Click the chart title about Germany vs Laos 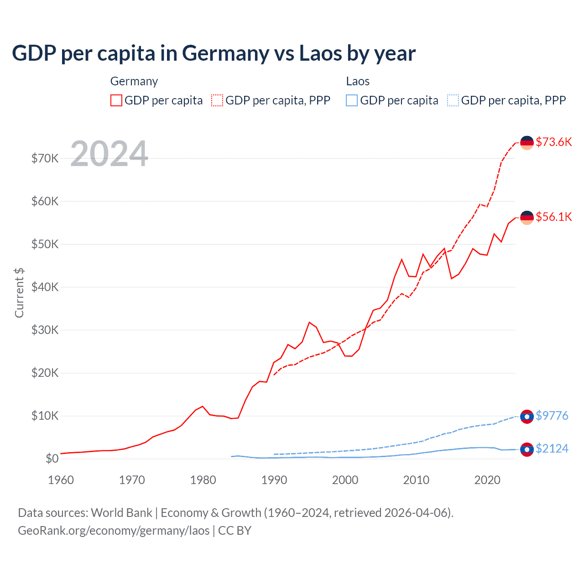click(214, 53)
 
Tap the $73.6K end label click(553, 142)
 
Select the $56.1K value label click(553, 217)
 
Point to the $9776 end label click(552, 416)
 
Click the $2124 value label click(552, 448)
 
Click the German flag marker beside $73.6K click(527, 143)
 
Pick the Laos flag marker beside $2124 click(527, 449)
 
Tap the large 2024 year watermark click(109, 154)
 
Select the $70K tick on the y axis click(45, 158)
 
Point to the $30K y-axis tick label click(45, 330)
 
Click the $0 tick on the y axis click(52, 459)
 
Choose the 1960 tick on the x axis click(61, 480)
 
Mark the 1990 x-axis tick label click(274, 480)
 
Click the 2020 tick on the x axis click(487, 480)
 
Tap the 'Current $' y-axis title click(19, 293)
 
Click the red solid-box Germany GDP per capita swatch click(116, 100)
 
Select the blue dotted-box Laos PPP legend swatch click(453, 100)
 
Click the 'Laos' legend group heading click(358, 81)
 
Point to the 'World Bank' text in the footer click(121, 513)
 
